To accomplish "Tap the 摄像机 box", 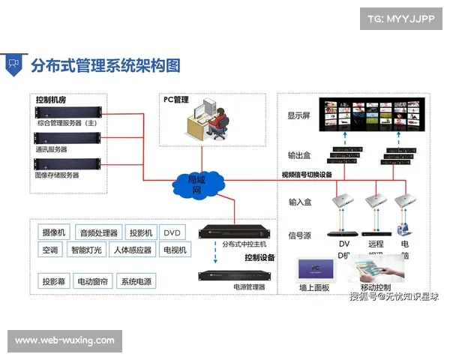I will click(54, 232).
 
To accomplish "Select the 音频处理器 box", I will click(99, 232).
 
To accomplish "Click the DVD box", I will click(172, 232).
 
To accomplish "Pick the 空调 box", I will click(50, 250).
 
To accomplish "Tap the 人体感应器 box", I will click(132, 250).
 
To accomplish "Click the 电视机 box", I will click(174, 250).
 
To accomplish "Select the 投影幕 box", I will click(54, 282).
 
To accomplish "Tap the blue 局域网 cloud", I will click(196, 184).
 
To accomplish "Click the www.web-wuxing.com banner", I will click(65, 340).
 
